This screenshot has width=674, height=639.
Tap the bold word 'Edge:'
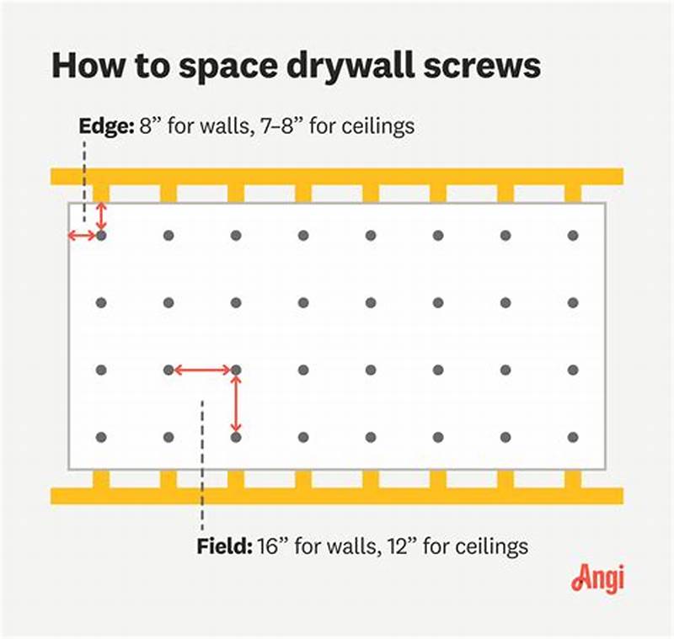point(106,126)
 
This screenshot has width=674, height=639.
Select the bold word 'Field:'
point(222,546)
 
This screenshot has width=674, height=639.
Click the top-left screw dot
point(101,236)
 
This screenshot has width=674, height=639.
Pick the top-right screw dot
point(573,236)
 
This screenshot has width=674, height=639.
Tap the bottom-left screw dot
point(101,437)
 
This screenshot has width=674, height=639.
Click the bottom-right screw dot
point(573,437)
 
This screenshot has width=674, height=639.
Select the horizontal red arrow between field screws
point(202,370)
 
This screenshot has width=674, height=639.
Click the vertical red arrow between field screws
point(236,403)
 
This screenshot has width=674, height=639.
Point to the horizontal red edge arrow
point(83,236)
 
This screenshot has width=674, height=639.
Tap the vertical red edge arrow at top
point(101,216)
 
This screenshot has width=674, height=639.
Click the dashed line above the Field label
point(202,463)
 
